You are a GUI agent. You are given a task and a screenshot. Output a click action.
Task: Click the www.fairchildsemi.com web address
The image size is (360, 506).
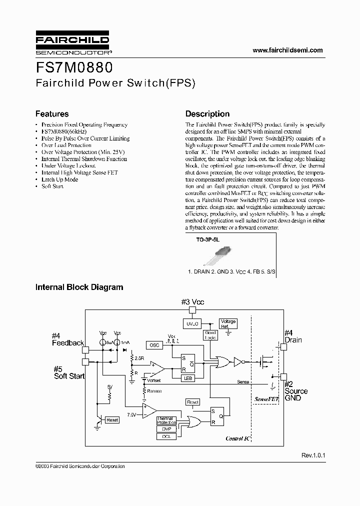click(x=287, y=50)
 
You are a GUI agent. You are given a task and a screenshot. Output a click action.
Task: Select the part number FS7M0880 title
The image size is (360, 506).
click(x=74, y=67)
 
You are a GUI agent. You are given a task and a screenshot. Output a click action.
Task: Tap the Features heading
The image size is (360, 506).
click(x=51, y=114)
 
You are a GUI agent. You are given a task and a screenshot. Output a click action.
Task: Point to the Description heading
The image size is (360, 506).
click(x=207, y=114)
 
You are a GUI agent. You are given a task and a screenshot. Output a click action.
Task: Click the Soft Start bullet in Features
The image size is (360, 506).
click(x=52, y=186)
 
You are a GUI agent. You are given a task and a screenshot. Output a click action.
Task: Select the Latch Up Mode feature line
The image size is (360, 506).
click(x=59, y=179)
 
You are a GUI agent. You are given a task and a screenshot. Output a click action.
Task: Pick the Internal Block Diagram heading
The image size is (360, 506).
click(x=79, y=287)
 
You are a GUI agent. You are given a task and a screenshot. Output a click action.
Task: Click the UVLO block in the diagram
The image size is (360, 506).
click(x=193, y=324)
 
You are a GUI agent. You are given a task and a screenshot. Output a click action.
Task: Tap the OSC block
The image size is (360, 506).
click(x=154, y=345)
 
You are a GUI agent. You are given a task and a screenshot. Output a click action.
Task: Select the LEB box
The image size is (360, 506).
click(x=188, y=378)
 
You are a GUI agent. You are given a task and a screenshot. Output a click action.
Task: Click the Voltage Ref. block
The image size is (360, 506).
click(x=228, y=324)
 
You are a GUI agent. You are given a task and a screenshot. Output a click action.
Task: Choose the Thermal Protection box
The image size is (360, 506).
click(x=166, y=420)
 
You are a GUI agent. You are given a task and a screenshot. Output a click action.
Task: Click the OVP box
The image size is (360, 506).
click(x=166, y=428)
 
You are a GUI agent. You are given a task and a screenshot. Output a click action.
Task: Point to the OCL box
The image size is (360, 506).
click(x=166, y=436)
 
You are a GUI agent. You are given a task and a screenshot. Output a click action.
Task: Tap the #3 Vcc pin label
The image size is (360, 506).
click(x=193, y=302)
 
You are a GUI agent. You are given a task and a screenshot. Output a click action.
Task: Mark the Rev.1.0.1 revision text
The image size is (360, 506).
click(x=313, y=456)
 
